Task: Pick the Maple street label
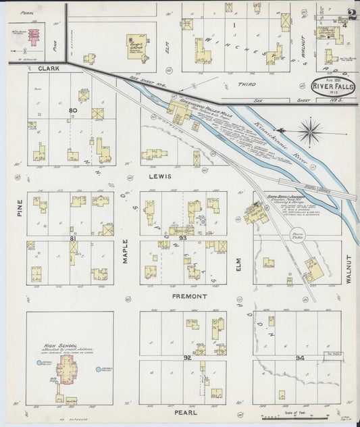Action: click(x=126, y=249)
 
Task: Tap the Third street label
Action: click(x=246, y=84)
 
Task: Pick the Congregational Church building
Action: click(x=135, y=46)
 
